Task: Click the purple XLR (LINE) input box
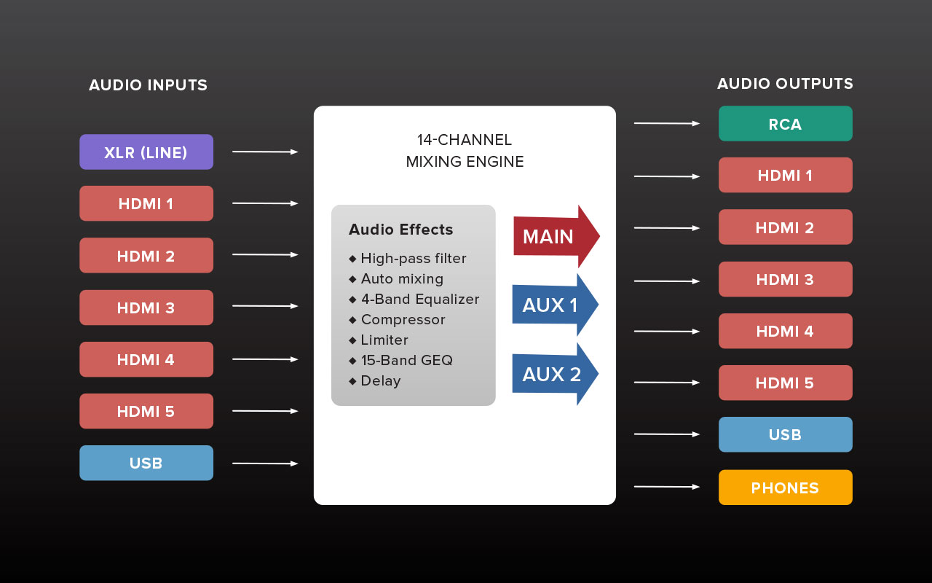(146, 152)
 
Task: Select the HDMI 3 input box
(146, 308)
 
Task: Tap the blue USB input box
(146, 463)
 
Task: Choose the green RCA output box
(785, 124)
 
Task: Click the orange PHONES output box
(785, 488)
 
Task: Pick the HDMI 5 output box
(785, 383)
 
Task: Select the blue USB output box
(785, 434)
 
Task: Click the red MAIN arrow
(553, 237)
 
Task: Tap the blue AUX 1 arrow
(553, 305)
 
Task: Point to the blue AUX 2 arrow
(553, 374)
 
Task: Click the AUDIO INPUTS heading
(148, 85)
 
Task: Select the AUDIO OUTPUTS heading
(785, 84)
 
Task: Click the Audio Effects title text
(400, 230)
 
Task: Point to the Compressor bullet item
(403, 319)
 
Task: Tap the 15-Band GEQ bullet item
(406, 360)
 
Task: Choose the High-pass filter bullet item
(413, 258)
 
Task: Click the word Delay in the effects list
(381, 380)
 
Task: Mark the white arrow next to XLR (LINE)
(265, 152)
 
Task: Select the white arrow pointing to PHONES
(666, 487)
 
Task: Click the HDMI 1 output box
(785, 175)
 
